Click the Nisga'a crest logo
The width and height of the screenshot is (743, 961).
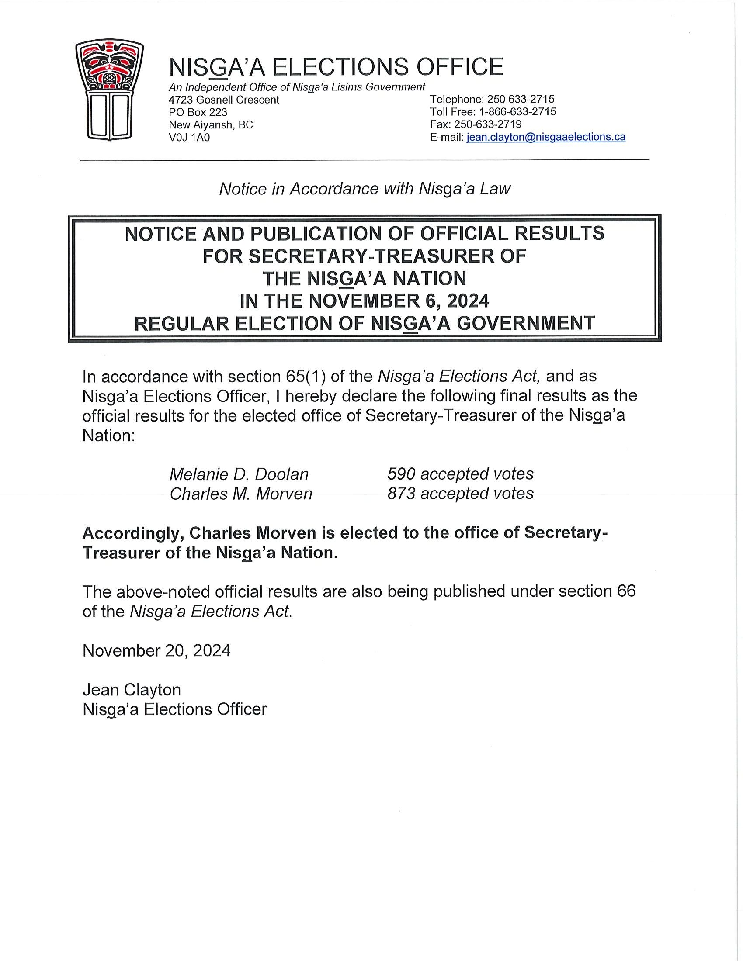click(110, 90)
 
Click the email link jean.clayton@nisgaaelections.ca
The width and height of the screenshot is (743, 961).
click(546, 137)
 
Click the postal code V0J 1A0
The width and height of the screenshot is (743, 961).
click(189, 138)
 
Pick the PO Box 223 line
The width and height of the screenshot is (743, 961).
click(198, 112)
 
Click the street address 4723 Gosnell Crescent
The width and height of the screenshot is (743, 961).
click(224, 100)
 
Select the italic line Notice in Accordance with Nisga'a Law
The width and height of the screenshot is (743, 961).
click(365, 189)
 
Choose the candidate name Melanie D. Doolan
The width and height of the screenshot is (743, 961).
click(239, 474)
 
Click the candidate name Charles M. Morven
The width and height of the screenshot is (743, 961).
click(241, 494)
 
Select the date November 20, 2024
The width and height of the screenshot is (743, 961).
click(156, 650)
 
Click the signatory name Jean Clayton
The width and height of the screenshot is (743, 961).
click(132, 689)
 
